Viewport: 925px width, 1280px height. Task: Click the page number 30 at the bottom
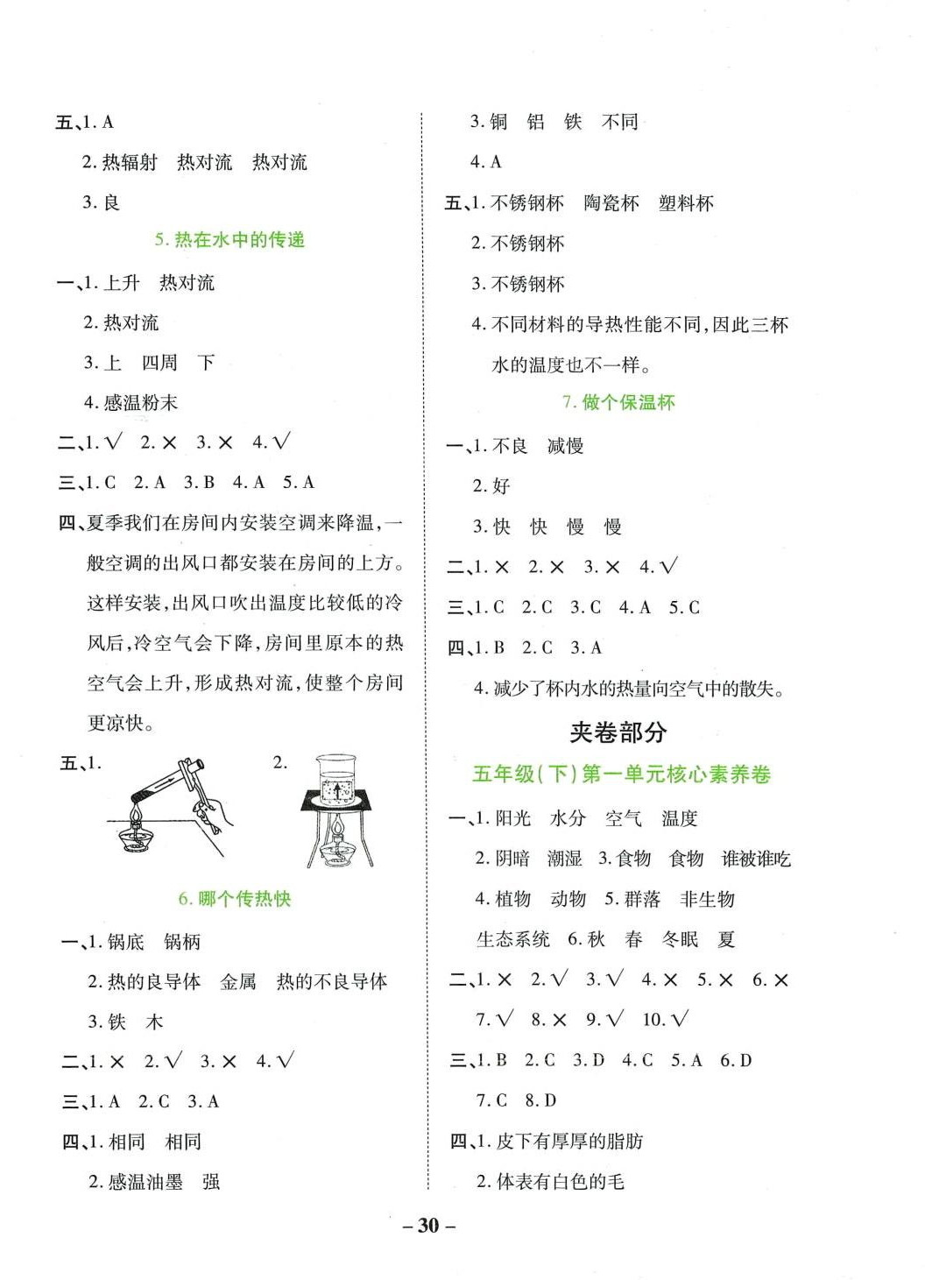(428, 1225)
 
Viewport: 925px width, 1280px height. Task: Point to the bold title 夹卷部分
(618, 732)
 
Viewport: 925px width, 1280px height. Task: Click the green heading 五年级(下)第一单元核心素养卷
(621, 774)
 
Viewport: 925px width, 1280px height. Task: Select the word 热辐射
(130, 162)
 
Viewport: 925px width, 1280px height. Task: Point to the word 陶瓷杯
(611, 203)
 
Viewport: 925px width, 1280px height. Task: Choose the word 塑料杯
(686, 203)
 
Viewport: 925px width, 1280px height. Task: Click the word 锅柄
(182, 942)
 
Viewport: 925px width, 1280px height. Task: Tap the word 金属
(238, 982)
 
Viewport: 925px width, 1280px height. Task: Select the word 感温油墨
(145, 1182)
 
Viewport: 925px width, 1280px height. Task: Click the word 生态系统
(513, 940)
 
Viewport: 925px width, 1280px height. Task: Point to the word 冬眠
(680, 940)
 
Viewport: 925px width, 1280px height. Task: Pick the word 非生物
(707, 900)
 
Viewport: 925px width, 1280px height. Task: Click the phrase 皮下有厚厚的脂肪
(569, 1142)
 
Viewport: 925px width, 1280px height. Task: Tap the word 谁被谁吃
(756, 859)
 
